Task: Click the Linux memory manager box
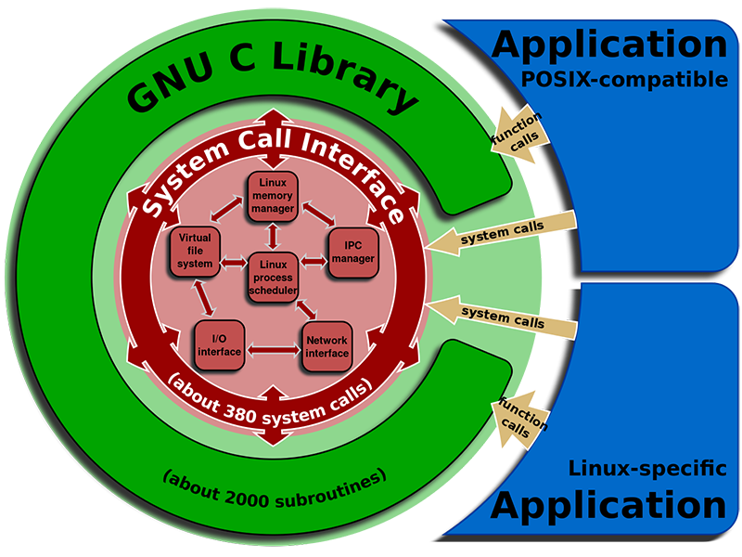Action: coord(272,196)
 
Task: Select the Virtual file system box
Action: coord(195,251)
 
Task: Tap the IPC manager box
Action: coord(352,252)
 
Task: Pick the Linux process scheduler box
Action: coord(273,278)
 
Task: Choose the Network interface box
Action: coord(326,345)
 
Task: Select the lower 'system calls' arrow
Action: coord(505,317)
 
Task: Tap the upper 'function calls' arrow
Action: coord(519,130)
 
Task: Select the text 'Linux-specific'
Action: coord(646,469)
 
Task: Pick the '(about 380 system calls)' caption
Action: coord(269,395)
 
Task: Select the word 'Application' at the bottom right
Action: coord(609,506)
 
